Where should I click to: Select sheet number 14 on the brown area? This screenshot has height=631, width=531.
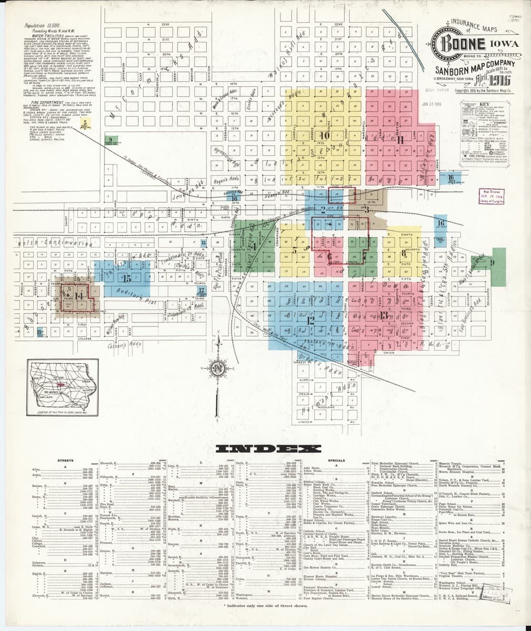coord(80,296)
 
